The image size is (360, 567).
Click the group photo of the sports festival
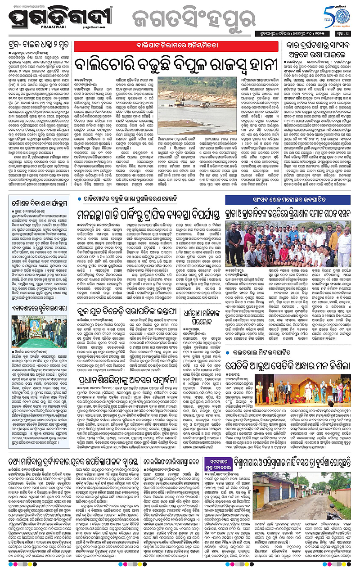coord(294,243)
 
